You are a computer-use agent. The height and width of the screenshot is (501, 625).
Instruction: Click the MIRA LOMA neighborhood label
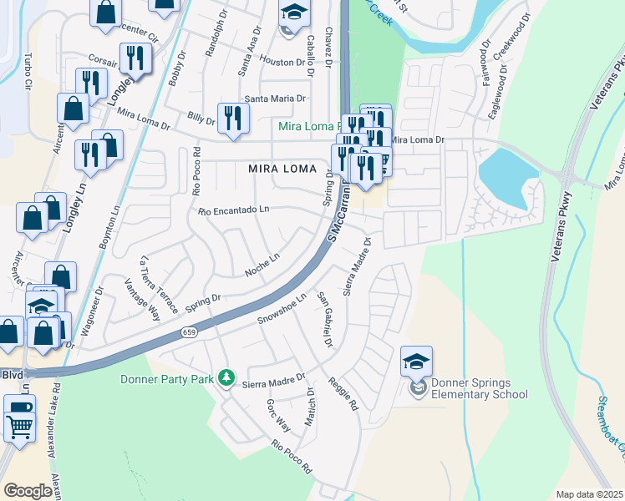282,169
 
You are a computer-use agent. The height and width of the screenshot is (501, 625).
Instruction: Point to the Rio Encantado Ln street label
234,210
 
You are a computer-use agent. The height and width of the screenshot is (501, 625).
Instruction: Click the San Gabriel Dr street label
324,320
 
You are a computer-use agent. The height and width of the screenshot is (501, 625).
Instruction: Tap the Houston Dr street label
282,63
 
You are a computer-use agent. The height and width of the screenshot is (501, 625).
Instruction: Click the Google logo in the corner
28,491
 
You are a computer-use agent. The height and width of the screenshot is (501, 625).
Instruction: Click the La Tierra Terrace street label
160,284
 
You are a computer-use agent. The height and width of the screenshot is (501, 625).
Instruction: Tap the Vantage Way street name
142,301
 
